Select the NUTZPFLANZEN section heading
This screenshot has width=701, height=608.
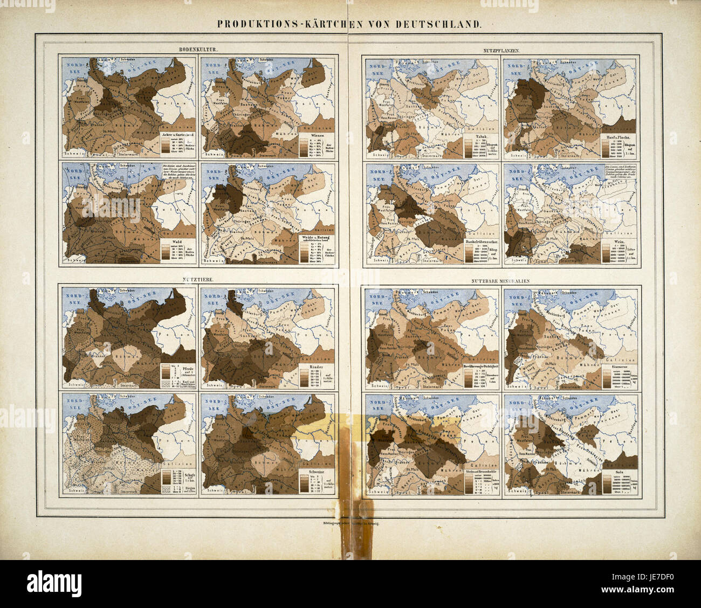(501, 50)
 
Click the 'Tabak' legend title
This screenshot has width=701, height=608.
(475, 136)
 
